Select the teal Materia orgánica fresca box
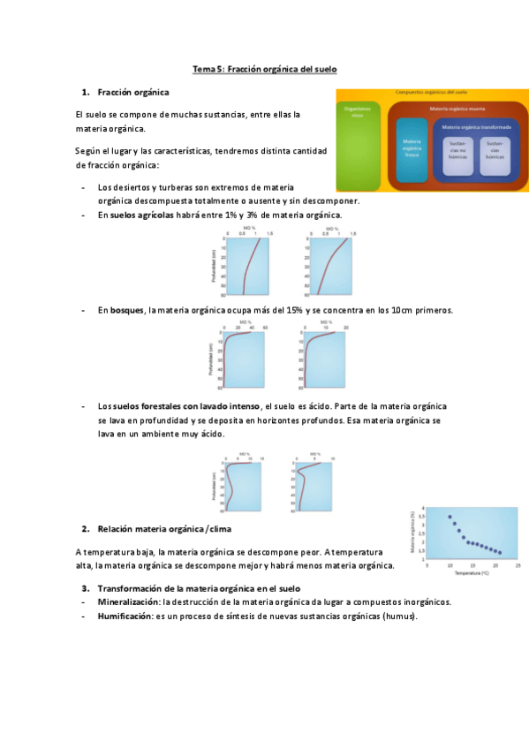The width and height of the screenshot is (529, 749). pyautogui.click(x=412, y=148)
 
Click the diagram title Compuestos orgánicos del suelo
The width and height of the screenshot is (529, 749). pyautogui.click(x=431, y=92)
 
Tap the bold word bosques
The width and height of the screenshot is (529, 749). pyautogui.click(x=127, y=310)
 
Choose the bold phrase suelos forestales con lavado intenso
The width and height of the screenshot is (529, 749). pyautogui.click(x=185, y=406)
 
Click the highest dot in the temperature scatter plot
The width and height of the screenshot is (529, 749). pyautogui.click(x=450, y=517)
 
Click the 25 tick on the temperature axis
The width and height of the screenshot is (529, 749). pyautogui.click(x=518, y=566)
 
